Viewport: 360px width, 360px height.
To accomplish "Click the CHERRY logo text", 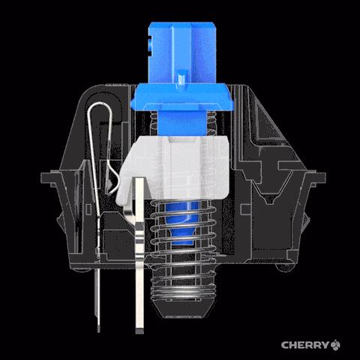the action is (304, 345).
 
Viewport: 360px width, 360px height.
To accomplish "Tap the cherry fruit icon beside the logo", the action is (335, 345).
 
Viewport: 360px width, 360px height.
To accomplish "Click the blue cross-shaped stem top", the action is (182, 52).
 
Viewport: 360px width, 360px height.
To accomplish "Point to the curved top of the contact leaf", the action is (100, 106).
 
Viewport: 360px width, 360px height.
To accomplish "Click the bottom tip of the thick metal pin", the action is (139, 331).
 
